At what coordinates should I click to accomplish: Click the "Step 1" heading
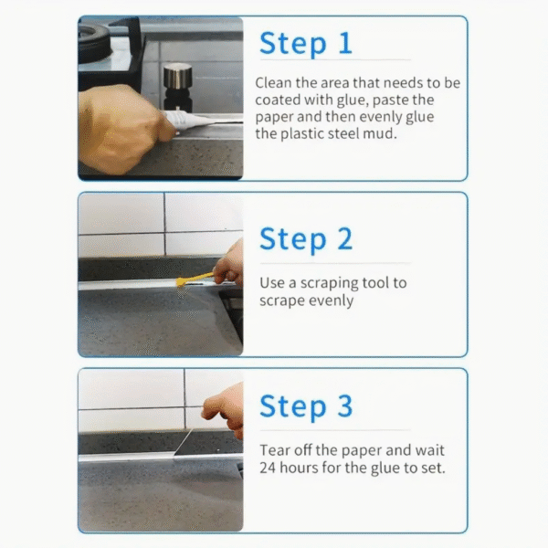point(305,43)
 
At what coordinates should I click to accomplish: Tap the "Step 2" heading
point(306,239)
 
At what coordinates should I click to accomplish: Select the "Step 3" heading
point(306,406)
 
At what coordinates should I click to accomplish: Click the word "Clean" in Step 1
point(273,83)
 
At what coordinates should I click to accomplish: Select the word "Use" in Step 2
point(272,283)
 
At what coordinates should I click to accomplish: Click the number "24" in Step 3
point(268,468)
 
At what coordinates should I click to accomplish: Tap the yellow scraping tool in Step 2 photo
point(195,279)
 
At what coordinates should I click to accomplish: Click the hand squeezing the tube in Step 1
point(123,130)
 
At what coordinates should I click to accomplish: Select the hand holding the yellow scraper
point(229,267)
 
